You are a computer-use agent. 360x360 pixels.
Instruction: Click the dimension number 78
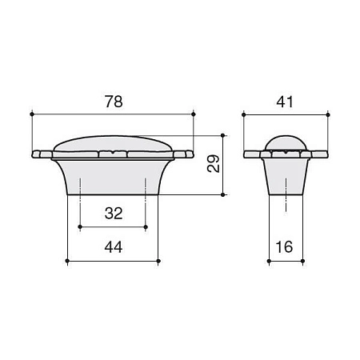tap(114, 102)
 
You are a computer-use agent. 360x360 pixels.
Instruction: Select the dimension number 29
tap(213, 164)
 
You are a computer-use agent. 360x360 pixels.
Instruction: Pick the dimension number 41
tap(286, 102)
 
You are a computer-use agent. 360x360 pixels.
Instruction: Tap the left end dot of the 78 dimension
tap(32, 115)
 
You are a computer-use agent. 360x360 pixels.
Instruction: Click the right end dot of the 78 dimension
tap(194, 115)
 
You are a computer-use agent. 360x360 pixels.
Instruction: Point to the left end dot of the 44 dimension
tap(67, 261)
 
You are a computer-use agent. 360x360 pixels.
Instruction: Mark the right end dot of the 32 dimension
tap(146, 227)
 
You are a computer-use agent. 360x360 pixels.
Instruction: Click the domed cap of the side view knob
tap(286, 142)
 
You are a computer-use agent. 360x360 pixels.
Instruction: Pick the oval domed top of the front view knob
tap(114, 144)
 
